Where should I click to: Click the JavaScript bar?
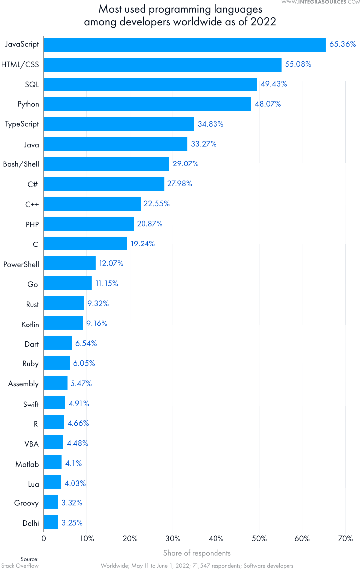pyautogui.click(x=185, y=44)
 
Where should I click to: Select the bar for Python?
pyautogui.click(x=147, y=104)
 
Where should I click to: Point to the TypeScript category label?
pyautogui.click(x=21, y=124)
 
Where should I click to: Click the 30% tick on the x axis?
pyautogui.click(x=173, y=538)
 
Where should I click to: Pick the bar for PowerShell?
pyautogui.click(x=70, y=263)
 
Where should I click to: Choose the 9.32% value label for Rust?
pyautogui.click(x=97, y=303)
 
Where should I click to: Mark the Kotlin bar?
pyautogui.click(x=64, y=323)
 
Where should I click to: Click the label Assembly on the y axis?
pyautogui.click(x=23, y=383)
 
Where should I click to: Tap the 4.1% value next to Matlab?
pyautogui.click(x=73, y=463)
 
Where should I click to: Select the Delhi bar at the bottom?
pyautogui.click(x=51, y=522)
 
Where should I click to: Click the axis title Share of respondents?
pyautogui.click(x=197, y=553)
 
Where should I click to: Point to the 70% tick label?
pyautogui.click(x=345, y=538)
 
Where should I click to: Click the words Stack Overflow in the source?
pyautogui.click(x=20, y=565)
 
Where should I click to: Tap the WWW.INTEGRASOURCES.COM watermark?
pyautogui.click(x=320, y=3)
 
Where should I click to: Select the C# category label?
pyautogui.click(x=33, y=183)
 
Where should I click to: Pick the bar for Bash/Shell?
pyautogui.click(x=106, y=163)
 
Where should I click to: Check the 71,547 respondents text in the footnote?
pyautogui.click(x=212, y=565)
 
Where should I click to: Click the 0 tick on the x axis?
pyautogui.click(x=44, y=538)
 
